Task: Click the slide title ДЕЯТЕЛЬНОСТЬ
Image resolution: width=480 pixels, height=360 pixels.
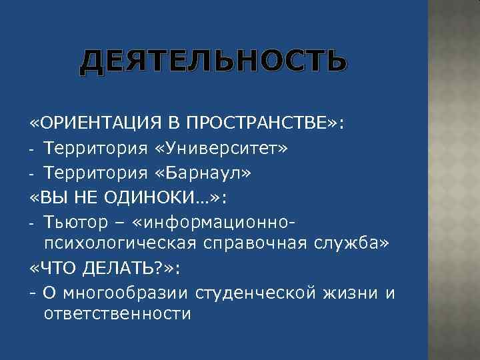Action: pos(213,61)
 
